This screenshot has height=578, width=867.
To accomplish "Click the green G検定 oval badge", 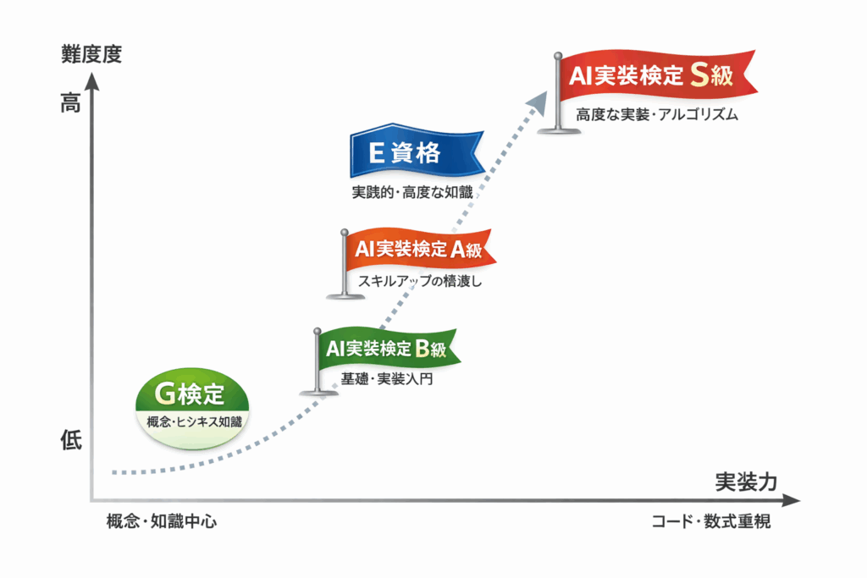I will click(193, 404).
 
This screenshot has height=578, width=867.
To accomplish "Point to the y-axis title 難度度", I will click(91, 55).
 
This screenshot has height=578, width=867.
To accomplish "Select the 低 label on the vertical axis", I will click(71, 440).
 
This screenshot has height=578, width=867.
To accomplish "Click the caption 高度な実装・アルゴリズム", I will click(657, 115).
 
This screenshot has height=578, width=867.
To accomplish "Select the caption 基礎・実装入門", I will click(386, 379).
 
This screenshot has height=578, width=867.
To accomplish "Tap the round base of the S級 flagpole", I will click(557, 129).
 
